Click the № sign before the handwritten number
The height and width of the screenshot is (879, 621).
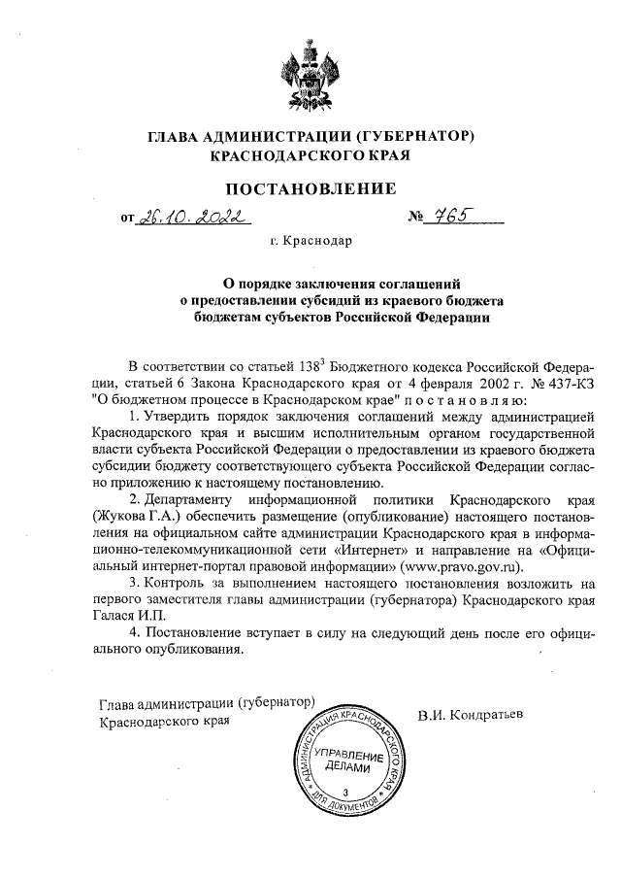[418, 219]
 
